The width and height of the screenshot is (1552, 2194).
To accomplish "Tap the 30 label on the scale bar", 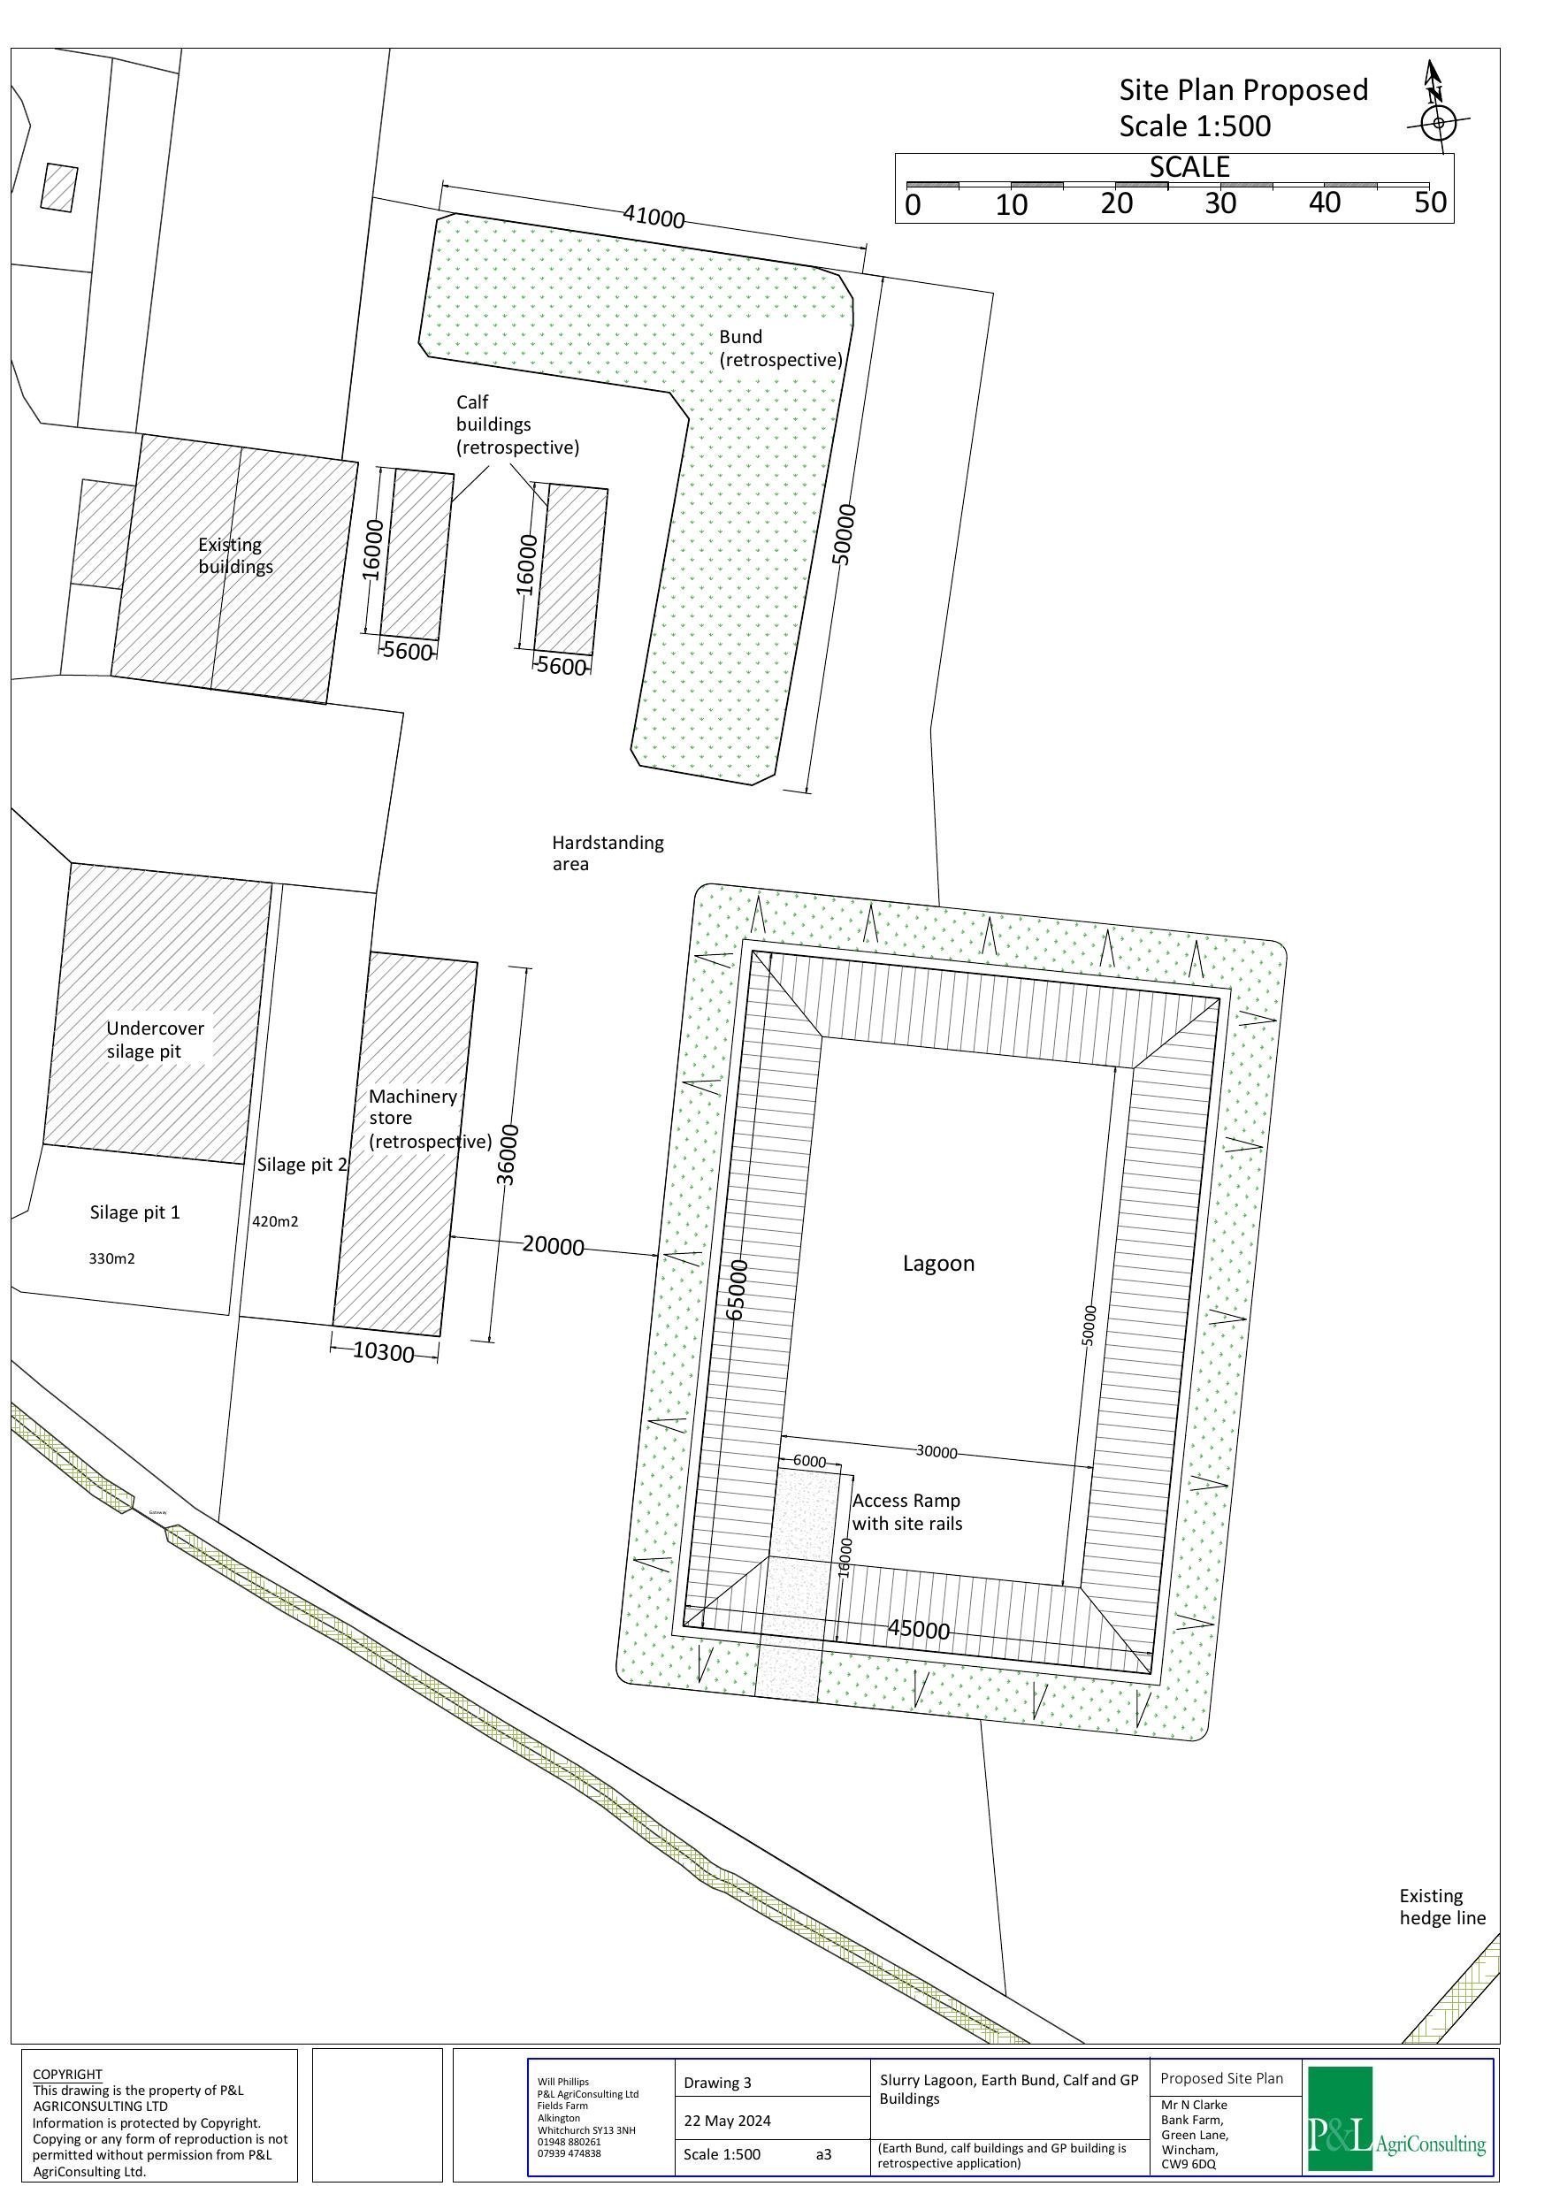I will pyautogui.click(x=1220, y=203).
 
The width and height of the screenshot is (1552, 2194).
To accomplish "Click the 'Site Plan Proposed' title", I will pyautogui.click(x=1243, y=90).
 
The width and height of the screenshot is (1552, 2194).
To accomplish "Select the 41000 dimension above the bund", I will pyautogui.click(x=654, y=218).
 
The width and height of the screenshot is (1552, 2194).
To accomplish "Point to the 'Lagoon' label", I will pyautogui.click(x=938, y=1264).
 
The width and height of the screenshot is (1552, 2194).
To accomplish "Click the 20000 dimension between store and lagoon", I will pyautogui.click(x=554, y=1246).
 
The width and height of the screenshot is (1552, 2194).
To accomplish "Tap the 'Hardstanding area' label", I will pyautogui.click(x=607, y=852).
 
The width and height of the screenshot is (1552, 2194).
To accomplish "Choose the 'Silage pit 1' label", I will pyautogui.click(x=134, y=1212).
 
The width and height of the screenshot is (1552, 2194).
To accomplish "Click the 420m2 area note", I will pyautogui.click(x=275, y=1221).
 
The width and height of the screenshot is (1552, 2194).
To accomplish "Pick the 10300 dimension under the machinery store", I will pyautogui.click(x=383, y=1353).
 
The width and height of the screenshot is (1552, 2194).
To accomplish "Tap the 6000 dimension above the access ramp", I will pyautogui.click(x=809, y=1461).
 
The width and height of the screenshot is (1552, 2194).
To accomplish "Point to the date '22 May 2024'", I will pyautogui.click(x=727, y=2121).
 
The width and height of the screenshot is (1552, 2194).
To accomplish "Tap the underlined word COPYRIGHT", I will pyautogui.click(x=67, y=2075).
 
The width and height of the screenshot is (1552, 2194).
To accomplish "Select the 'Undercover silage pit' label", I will pyautogui.click(x=155, y=1040).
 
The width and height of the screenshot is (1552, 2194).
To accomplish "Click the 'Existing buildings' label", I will pyautogui.click(x=235, y=555).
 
